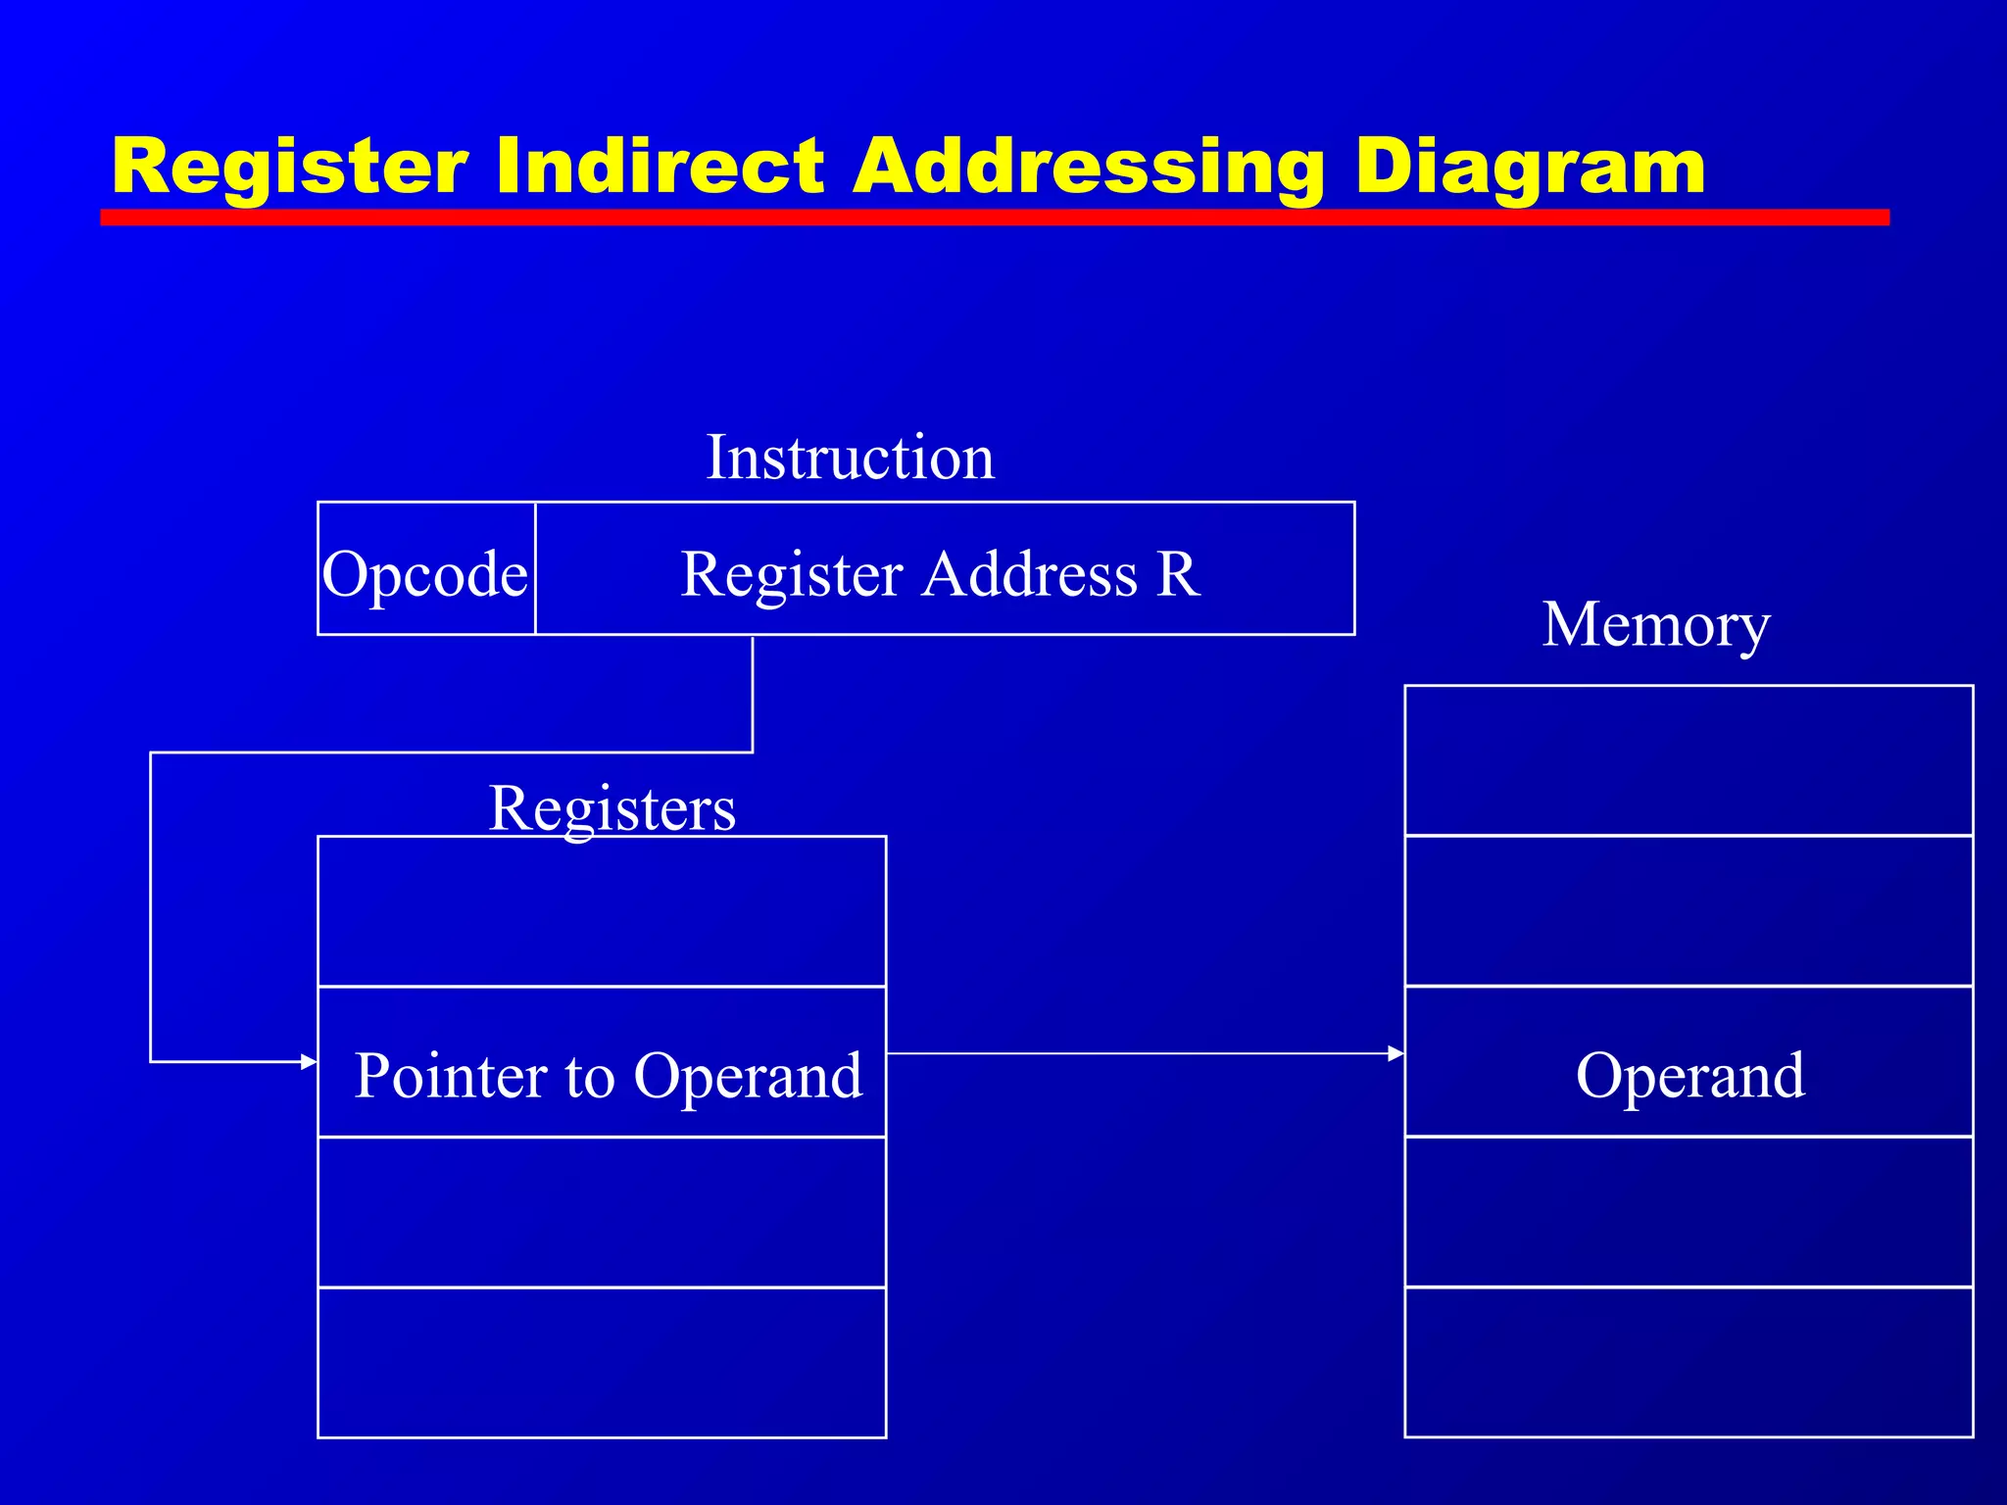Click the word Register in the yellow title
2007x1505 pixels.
tap(290, 167)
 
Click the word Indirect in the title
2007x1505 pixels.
tap(660, 167)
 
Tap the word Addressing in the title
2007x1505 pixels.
tap(1088, 167)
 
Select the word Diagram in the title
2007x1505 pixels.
tap(1529, 167)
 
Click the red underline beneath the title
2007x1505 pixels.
tap(994, 218)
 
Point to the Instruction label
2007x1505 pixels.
tap(850, 458)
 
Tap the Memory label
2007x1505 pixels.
tap(1655, 624)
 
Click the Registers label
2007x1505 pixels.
tap(612, 808)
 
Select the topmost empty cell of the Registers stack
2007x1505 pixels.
tap(602, 911)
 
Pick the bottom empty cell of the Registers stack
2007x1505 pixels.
tap(602, 1362)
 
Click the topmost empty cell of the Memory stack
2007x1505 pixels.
tap(1689, 760)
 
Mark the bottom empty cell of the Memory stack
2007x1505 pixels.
tap(1689, 1362)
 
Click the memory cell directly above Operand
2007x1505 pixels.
tap(1689, 911)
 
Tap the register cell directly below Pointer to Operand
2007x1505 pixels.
tap(602, 1212)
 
